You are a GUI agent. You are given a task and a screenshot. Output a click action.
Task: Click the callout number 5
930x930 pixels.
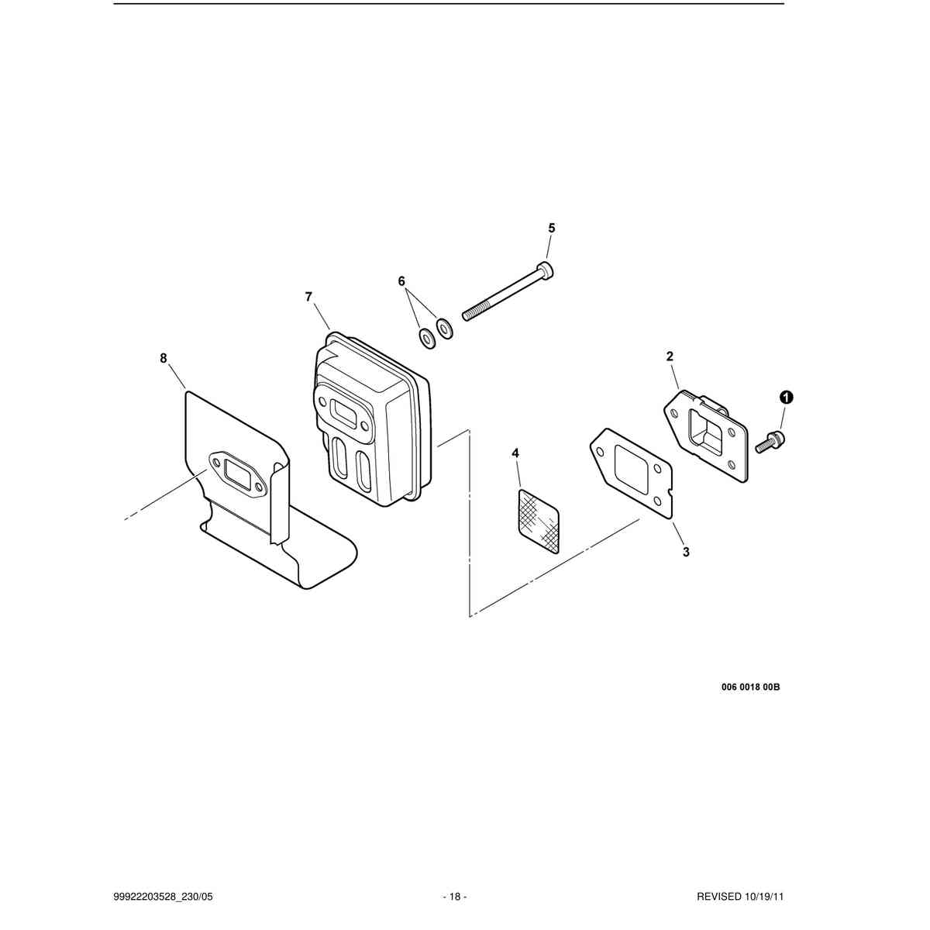(552, 228)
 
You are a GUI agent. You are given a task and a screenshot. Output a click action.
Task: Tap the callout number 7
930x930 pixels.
(309, 297)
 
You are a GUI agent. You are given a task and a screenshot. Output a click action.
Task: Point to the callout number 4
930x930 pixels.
(515, 453)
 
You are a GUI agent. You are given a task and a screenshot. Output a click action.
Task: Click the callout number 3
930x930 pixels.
(686, 551)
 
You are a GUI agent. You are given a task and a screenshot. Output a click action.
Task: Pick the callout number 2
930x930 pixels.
(670, 356)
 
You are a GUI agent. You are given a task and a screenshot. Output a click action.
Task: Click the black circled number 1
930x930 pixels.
(787, 398)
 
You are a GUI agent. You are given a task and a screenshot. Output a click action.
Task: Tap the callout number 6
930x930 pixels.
(401, 281)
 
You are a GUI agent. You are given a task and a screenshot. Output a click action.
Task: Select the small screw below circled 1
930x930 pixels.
(770, 442)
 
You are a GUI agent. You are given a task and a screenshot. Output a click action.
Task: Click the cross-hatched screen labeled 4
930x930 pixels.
(538, 522)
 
